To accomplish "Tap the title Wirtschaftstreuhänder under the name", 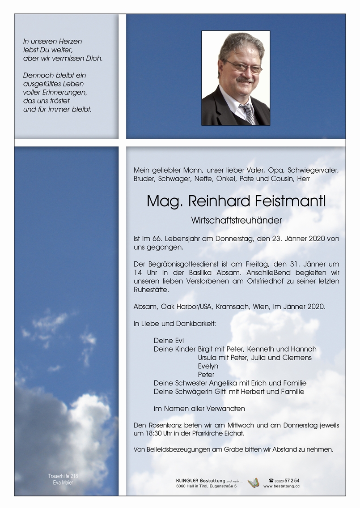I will (x=236, y=221).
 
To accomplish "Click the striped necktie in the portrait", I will (x=248, y=113).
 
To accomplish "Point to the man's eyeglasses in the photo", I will (x=244, y=67).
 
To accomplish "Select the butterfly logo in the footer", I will (x=253, y=483).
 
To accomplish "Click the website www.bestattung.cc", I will (x=281, y=486).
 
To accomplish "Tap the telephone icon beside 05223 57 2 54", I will (x=271, y=480).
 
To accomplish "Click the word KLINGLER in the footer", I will (x=187, y=480).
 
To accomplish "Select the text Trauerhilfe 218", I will (x=63, y=476).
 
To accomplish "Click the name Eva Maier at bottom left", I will (x=63, y=482).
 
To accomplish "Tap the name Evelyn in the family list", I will (x=208, y=366).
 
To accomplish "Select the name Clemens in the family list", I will (x=297, y=358).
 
